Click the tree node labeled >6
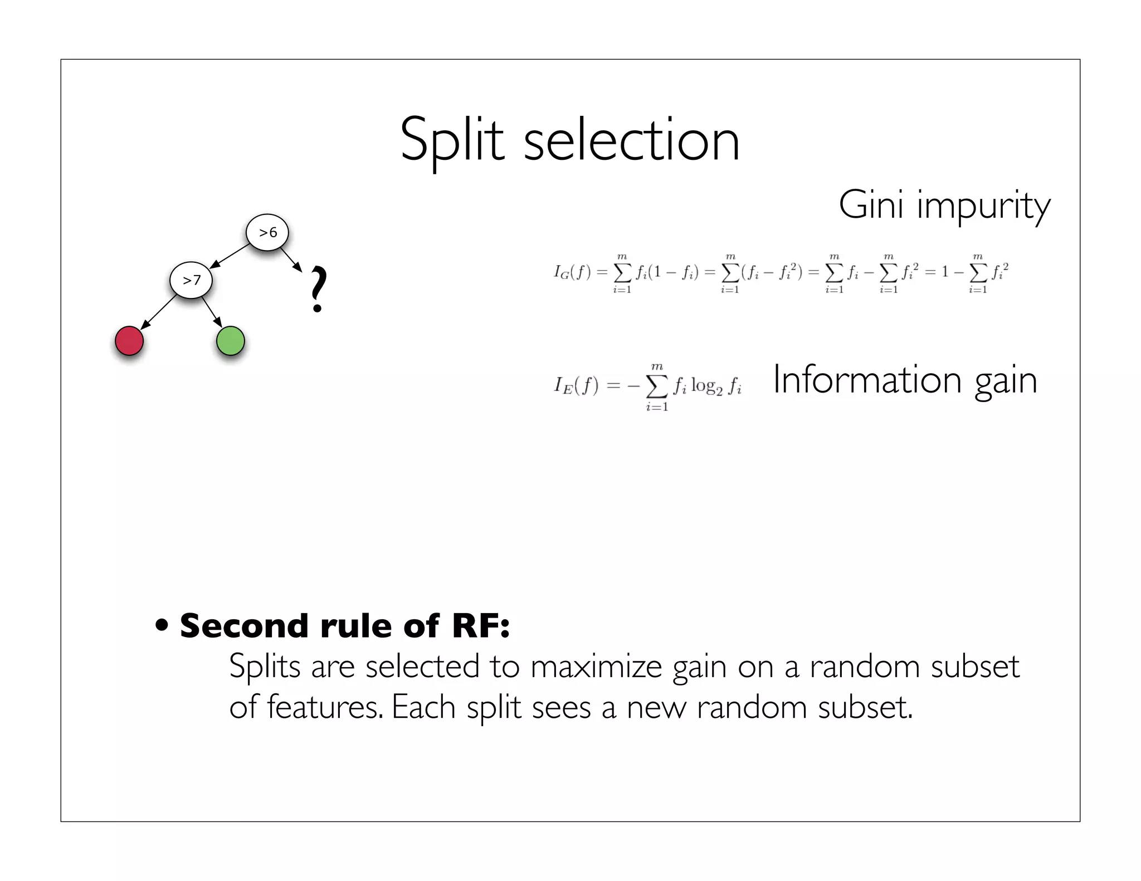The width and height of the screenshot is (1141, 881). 267,232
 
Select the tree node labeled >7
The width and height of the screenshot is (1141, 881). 191,280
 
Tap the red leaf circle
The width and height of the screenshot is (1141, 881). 129,341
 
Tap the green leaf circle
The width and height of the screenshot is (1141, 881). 230,341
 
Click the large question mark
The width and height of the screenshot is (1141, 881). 318,290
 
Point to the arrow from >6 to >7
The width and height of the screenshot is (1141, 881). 230,256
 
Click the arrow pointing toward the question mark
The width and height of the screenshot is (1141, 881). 291,260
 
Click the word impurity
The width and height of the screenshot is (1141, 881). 983,206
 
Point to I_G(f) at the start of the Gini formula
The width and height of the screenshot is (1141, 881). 572,272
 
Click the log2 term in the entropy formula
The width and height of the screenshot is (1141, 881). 706,386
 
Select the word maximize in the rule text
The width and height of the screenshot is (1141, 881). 596,666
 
